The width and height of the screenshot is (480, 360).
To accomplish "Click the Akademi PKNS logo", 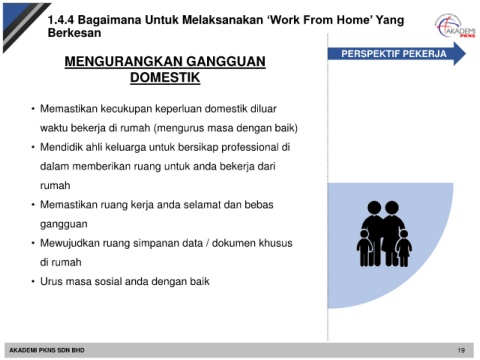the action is click(x=456, y=26).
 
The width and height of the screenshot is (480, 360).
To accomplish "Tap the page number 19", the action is click(x=461, y=350).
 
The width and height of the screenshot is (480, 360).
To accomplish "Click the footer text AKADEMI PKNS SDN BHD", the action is click(x=47, y=350).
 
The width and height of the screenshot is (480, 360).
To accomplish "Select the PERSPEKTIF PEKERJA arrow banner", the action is click(x=396, y=54).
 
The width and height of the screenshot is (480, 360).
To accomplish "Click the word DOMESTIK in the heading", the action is click(x=165, y=77).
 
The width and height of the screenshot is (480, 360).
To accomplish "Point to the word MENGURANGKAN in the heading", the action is click(x=123, y=61).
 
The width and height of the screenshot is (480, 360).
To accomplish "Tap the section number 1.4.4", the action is click(x=61, y=20).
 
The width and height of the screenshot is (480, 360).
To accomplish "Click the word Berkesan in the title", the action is click(x=74, y=33).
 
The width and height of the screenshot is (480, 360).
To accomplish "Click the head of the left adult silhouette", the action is click(x=374, y=207).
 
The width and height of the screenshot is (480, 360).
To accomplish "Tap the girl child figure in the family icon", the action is click(x=404, y=248).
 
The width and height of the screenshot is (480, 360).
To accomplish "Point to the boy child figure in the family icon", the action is click(x=365, y=248).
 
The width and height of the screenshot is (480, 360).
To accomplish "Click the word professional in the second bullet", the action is click(x=250, y=147).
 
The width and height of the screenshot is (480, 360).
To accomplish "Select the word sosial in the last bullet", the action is click(x=108, y=282).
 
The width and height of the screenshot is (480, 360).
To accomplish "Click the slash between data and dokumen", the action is click(x=207, y=243).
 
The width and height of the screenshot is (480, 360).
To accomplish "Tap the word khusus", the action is click(x=276, y=243).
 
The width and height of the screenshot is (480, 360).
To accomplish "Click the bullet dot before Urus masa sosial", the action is click(x=33, y=282).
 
